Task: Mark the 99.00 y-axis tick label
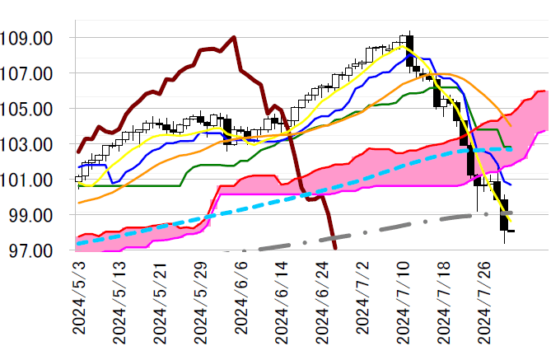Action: pos(32,216)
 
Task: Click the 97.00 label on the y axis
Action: pos(32,250)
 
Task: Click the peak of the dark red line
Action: pos(235,37)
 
